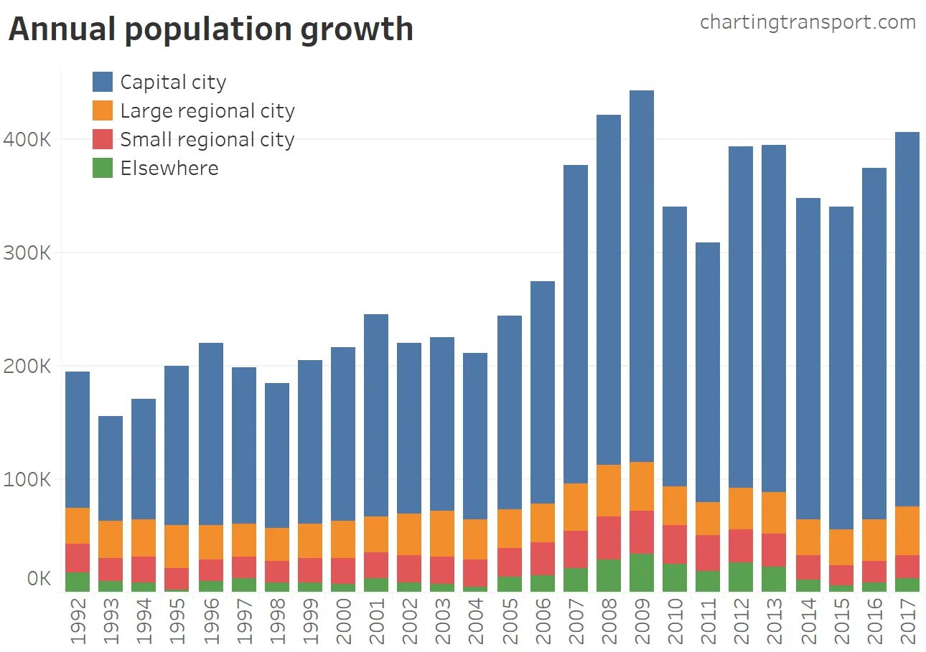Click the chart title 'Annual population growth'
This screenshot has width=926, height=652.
(x=210, y=30)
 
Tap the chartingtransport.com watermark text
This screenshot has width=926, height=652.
(x=808, y=22)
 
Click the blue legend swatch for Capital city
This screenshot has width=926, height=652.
(x=103, y=82)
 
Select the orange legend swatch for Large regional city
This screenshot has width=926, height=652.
(x=103, y=110)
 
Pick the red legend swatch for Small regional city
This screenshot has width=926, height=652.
(x=103, y=139)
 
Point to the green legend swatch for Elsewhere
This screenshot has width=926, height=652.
(x=103, y=168)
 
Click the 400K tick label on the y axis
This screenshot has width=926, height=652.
(x=27, y=139)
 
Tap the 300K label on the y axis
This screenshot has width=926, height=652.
(x=27, y=252)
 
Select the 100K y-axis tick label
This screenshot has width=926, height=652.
(x=27, y=479)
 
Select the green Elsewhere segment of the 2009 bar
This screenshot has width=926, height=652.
(x=642, y=572)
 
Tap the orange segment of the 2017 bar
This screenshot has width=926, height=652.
(x=907, y=531)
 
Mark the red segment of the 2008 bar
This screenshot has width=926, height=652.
(x=609, y=538)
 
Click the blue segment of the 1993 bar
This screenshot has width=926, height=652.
(x=111, y=468)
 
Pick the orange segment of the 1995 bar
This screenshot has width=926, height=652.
(x=177, y=547)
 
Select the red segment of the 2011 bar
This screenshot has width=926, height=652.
(x=708, y=553)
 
